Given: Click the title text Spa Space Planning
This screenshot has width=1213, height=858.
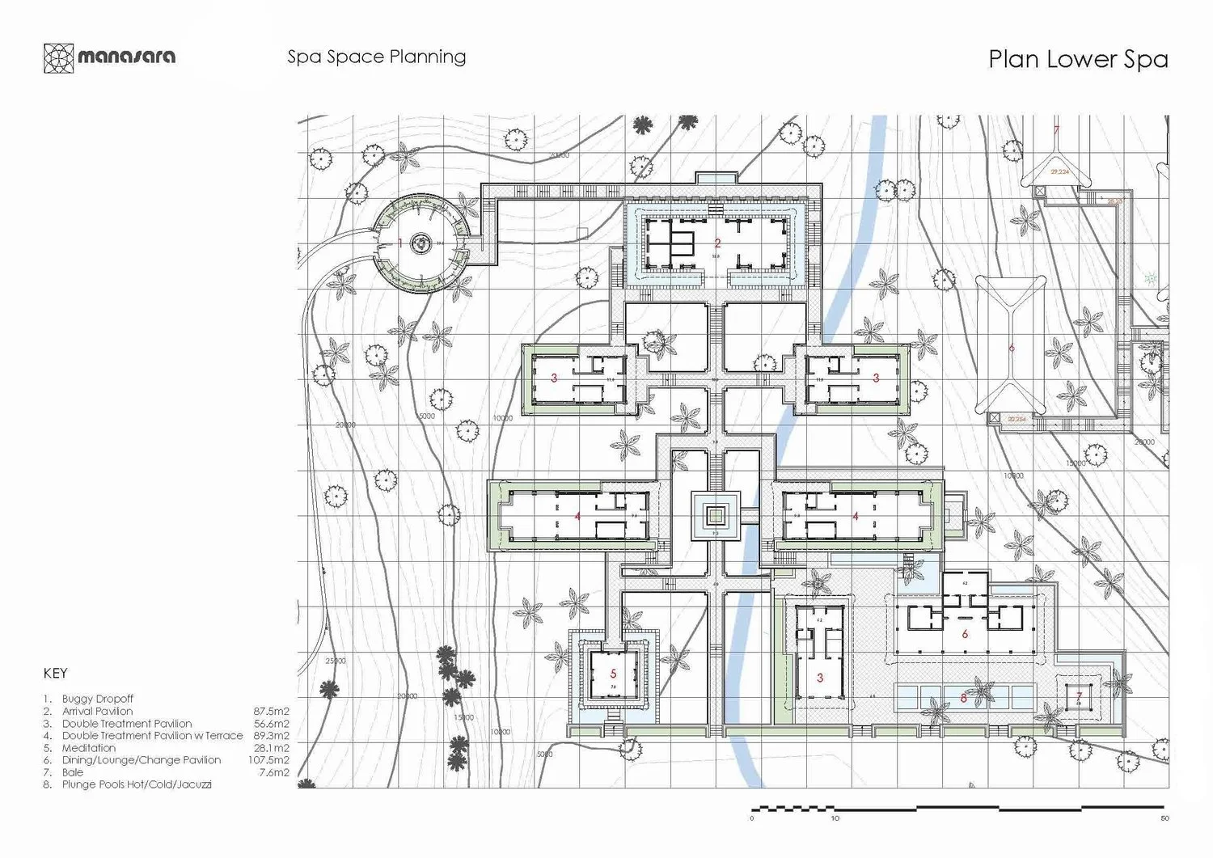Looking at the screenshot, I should click(376, 57).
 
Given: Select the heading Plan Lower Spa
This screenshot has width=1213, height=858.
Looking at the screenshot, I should click(1077, 60).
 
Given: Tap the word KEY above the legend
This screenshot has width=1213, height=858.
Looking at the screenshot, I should click(55, 673).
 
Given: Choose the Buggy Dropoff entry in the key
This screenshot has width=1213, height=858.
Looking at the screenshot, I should click(97, 699).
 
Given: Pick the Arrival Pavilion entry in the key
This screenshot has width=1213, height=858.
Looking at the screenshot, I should click(97, 711).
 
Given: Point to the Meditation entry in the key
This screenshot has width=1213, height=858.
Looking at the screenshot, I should click(88, 748).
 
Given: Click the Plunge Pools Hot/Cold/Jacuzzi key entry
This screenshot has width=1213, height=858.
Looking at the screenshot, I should click(136, 784).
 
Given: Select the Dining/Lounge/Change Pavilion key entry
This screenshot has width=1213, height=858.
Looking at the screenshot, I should click(141, 760).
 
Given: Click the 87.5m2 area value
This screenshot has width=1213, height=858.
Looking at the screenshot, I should click(271, 712).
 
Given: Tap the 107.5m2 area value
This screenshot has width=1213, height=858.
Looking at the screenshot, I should click(268, 760).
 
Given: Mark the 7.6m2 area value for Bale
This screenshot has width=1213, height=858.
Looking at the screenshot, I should click(273, 772).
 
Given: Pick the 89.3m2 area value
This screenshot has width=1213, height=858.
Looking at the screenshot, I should click(271, 736).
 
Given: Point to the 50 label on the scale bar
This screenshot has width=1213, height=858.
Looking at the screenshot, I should click(1164, 818).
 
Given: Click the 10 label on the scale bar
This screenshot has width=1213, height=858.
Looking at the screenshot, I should click(835, 818).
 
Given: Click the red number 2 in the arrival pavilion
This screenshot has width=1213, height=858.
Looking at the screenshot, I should click(717, 243).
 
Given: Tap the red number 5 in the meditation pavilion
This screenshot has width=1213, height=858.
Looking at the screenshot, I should click(613, 674).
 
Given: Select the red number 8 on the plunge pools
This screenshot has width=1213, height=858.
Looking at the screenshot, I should click(963, 698).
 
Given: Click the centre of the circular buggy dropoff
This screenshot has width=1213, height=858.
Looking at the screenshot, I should click(421, 243).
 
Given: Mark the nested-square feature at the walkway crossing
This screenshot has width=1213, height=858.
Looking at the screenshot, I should click(714, 515).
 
